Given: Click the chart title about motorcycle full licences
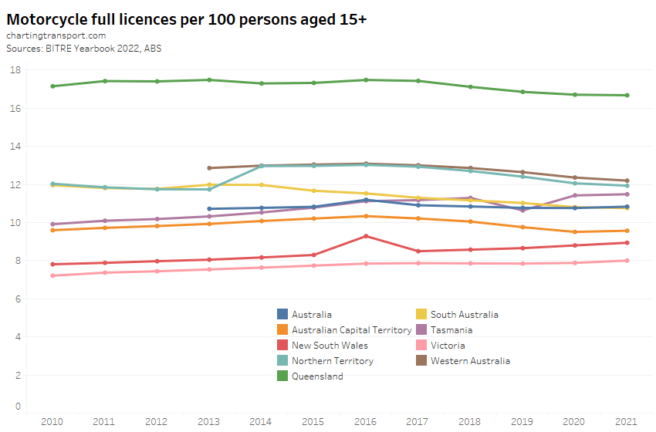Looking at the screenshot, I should tap(186, 19).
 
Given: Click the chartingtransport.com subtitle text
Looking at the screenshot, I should tap(56, 35).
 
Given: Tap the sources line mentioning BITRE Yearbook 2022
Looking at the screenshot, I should tap(84, 48).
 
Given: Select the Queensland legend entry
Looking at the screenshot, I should tap(316, 376).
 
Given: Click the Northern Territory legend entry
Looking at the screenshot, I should tap(332, 361).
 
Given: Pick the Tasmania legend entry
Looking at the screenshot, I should tap(451, 330).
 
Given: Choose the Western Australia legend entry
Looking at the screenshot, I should tap(470, 361).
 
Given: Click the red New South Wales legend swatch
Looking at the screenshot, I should tap(282, 346).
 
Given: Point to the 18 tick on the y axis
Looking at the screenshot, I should tap(15, 70).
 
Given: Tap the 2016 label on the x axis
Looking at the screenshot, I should tap(366, 420).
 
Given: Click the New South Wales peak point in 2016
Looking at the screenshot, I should tap(366, 236).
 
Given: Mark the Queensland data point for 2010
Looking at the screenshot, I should tap(52, 86).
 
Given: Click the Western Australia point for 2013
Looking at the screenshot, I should tap(209, 168).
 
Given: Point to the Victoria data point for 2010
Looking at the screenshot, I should tap(52, 275).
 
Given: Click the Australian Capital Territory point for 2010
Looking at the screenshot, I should tap(52, 230).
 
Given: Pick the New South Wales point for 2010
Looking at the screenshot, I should tap(52, 265).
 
